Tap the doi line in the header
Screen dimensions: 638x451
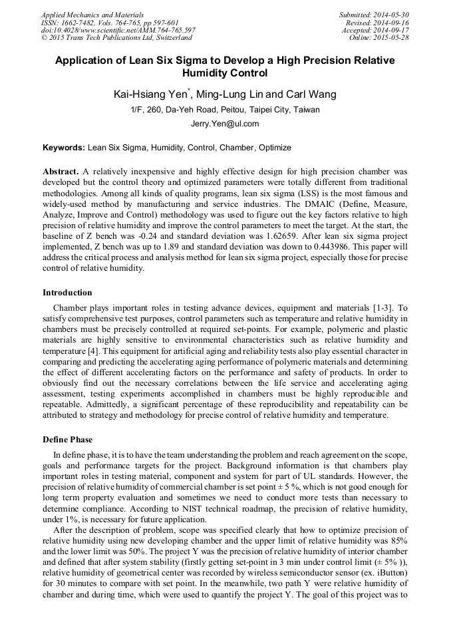point(118,30)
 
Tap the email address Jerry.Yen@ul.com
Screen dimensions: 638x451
point(225,124)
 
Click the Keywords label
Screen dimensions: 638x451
point(64,148)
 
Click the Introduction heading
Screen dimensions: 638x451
point(67,293)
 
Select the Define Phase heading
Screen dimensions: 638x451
point(67,440)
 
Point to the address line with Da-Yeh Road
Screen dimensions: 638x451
point(225,110)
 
